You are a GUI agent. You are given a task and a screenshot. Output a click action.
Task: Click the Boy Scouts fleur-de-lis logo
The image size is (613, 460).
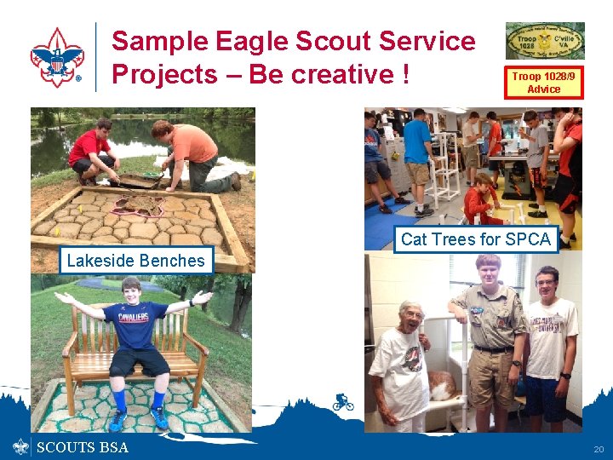pyautogui.click(x=57, y=57)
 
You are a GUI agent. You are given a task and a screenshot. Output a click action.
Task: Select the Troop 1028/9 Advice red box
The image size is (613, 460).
pyautogui.click(x=543, y=83)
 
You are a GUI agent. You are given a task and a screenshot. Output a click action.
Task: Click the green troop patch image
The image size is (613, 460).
pyautogui.click(x=545, y=41)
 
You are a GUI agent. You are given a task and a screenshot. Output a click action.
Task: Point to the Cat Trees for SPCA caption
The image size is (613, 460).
pyautogui.click(x=475, y=239)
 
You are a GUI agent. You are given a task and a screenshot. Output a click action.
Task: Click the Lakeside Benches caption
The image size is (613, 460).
pyautogui.click(x=135, y=261)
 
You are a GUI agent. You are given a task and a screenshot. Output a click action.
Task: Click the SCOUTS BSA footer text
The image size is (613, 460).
pyautogui.click(x=83, y=448)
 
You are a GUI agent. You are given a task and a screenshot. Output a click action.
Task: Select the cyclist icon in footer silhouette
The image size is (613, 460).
pyautogui.click(x=343, y=402)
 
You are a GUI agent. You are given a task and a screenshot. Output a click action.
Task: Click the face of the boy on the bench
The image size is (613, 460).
pyautogui.click(x=131, y=290)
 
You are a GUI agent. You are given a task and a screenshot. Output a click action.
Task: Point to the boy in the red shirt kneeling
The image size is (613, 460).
pyautogui.click(x=91, y=152)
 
